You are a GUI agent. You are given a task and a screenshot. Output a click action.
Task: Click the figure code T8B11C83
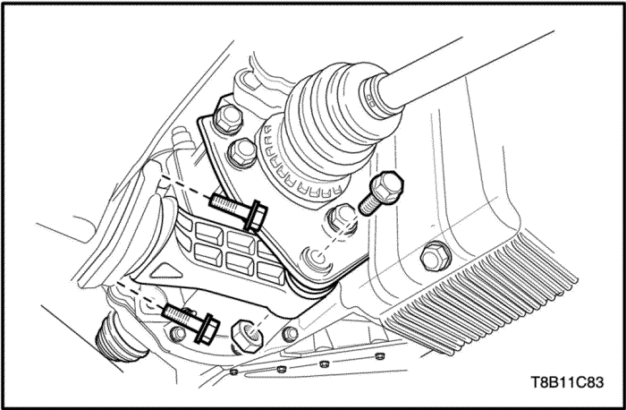tap(567, 382)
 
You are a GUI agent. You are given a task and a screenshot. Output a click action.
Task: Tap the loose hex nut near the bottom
tap(247, 335)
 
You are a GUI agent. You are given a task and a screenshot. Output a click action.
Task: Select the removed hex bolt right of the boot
tap(381, 192)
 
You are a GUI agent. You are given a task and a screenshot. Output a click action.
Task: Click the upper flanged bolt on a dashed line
tap(239, 211)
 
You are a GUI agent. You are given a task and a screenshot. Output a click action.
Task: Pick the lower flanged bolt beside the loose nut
tap(191, 322)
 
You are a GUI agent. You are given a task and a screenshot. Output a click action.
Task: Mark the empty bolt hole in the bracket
tap(317, 259)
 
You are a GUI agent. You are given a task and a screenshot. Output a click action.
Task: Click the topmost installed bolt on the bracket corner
tap(228, 119)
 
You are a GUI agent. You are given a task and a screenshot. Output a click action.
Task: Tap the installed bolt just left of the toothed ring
tap(242, 153)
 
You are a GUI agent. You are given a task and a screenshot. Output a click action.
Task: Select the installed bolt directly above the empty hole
tap(343, 218)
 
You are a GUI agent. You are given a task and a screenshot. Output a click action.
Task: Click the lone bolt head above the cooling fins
tap(436, 256)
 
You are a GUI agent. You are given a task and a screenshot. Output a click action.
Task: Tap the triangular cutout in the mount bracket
tap(167, 271)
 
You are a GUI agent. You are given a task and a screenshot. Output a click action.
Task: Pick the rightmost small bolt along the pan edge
tap(380, 355)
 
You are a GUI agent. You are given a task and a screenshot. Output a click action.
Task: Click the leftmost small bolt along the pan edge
tap(234, 372)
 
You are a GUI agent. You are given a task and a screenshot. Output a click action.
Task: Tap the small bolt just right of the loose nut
tap(290, 334)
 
